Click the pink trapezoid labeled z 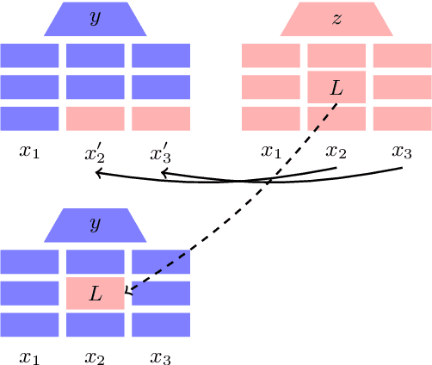coord(336,19)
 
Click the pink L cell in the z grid coord(336,88)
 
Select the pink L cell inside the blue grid coord(95,294)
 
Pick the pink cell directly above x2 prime coord(95,119)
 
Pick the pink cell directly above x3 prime coord(160,119)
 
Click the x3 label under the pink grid coord(402,153)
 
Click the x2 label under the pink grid coord(336,153)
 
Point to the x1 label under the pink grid coord(271,153)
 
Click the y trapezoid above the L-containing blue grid coord(95,226)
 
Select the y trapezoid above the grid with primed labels coord(95,19)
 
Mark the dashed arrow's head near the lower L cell coord(128,293)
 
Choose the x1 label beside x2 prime coord(29,153)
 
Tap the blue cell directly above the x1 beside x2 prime coord(29,119)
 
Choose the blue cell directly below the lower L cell coord(95,325)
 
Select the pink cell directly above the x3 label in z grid coord(402,119)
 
